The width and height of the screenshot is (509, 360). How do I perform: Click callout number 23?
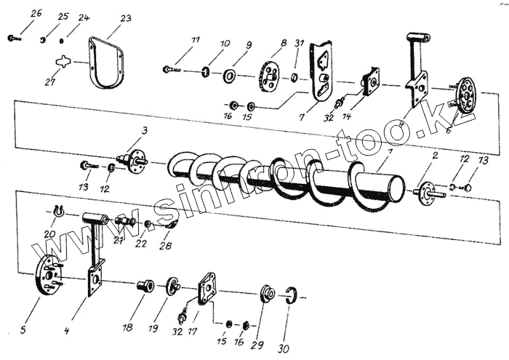click(126, 18)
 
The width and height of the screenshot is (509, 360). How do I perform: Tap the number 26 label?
click(36, 13)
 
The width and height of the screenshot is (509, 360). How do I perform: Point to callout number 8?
click(284, 44)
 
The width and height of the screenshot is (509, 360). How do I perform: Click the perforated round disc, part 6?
click(463, 95)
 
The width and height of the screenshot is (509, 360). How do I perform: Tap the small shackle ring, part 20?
click(58, 211)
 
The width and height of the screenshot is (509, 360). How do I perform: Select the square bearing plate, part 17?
click(207, 289)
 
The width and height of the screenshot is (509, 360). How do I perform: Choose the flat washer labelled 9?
click(229, 75)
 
